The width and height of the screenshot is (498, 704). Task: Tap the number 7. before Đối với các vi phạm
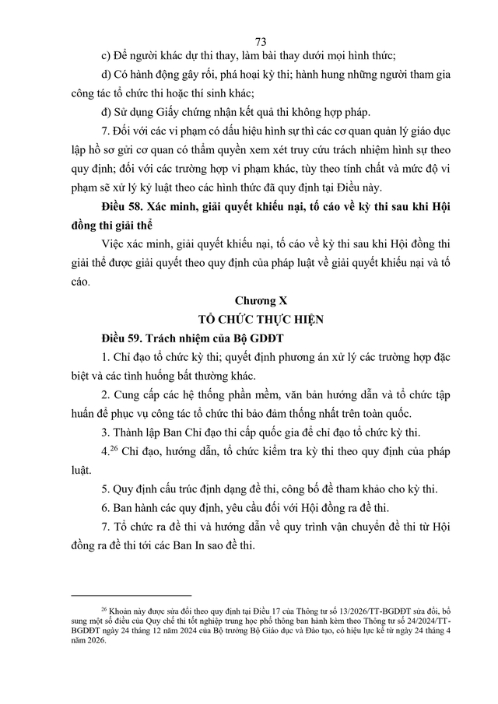point(106,129)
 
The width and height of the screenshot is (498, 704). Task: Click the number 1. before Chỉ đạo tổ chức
point(106,359)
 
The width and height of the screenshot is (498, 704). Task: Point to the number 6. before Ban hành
point(106,507)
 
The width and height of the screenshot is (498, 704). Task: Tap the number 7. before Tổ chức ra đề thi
point(106,527)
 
